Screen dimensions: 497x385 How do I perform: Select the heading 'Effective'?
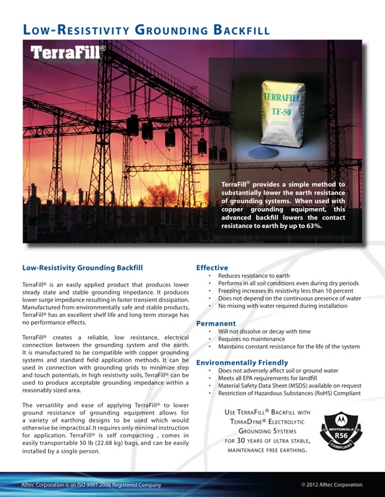(x=212, y=267)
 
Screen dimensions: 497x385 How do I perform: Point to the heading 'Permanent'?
(x=216, y=323)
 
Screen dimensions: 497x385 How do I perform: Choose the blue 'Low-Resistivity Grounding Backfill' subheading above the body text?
(x=82, y=267)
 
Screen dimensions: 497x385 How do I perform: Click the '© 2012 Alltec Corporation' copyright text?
(x=332, y=485)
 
